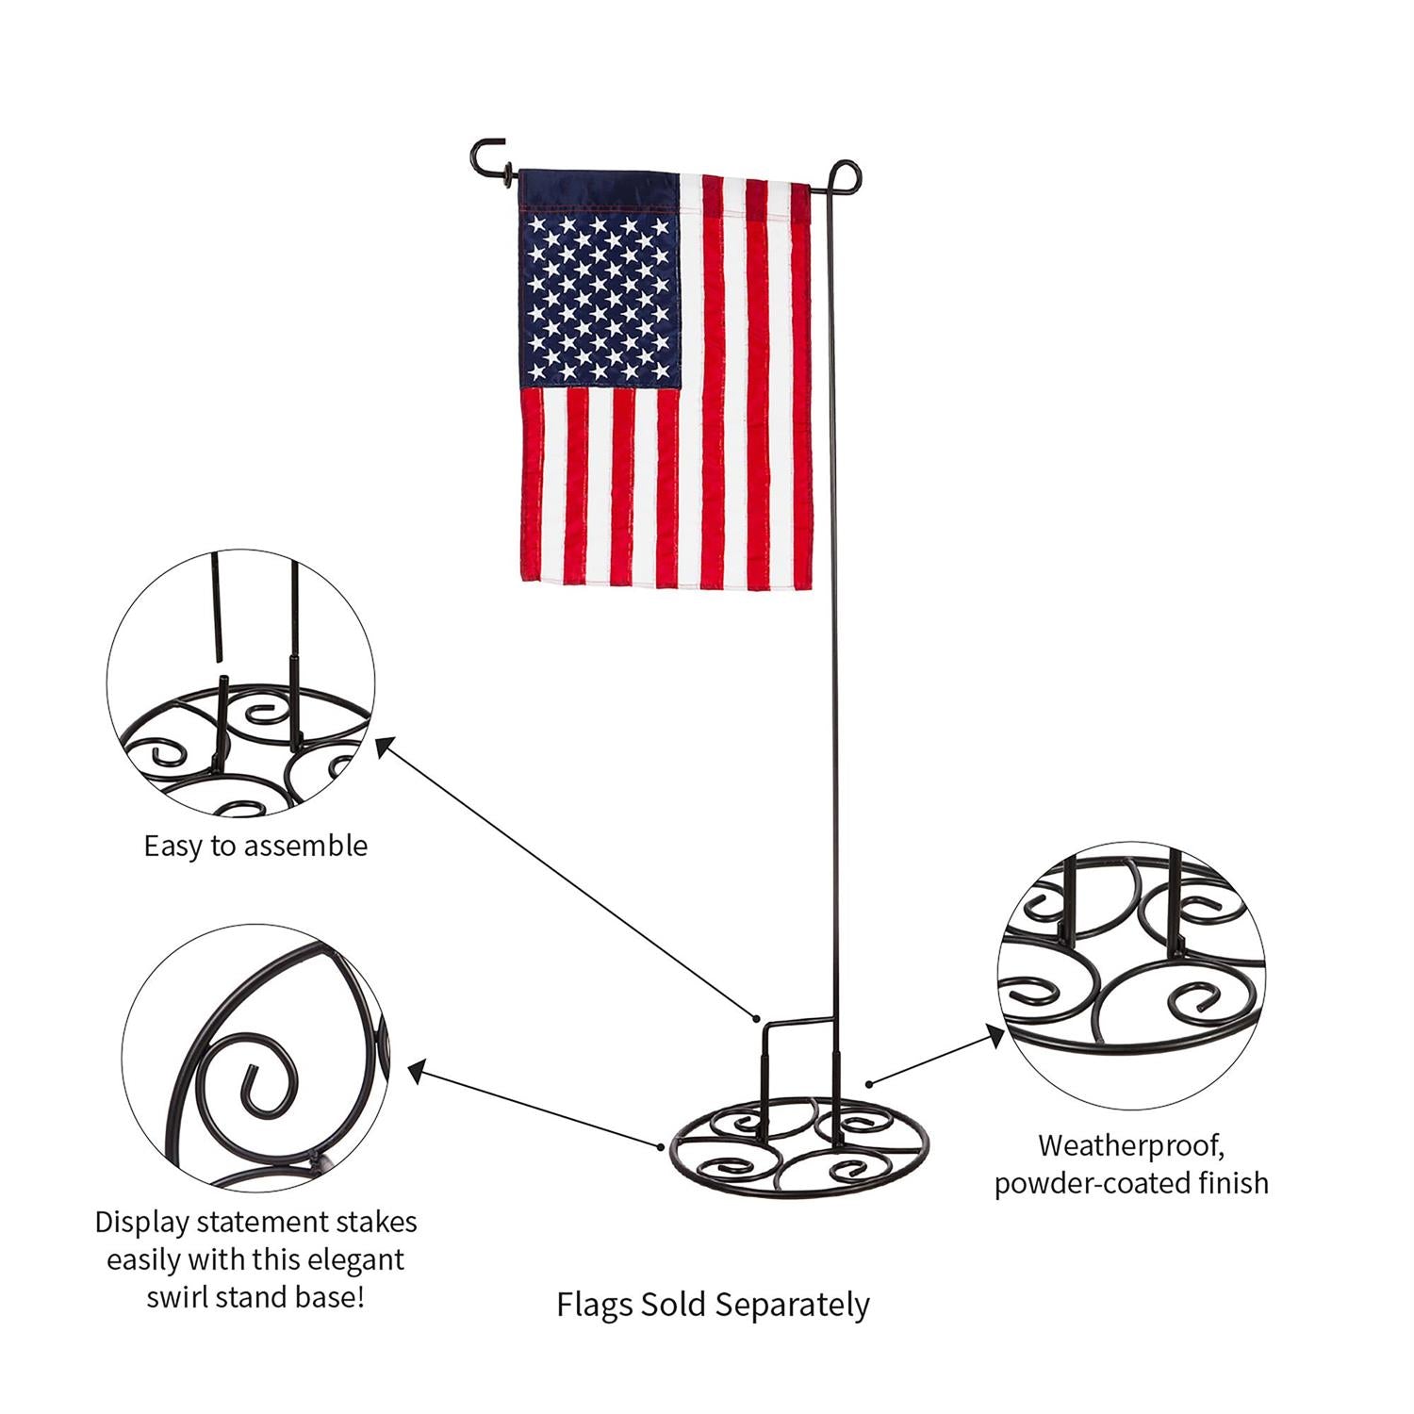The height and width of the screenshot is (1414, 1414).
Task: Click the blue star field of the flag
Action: pos(599,297)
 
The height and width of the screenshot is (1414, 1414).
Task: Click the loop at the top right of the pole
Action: pos(846,175)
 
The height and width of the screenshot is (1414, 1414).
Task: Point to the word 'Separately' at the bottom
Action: pos(792,1306)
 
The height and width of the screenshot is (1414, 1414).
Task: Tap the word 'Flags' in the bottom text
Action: pos(594,1306)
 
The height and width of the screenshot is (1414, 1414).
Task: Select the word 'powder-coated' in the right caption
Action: pos(1089,1183)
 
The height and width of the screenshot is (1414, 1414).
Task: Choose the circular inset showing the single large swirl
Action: pos(255,1058)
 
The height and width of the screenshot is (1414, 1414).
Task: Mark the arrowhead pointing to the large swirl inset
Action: pos(416,1069)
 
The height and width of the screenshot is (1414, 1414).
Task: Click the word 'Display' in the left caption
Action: pos(143,1223)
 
